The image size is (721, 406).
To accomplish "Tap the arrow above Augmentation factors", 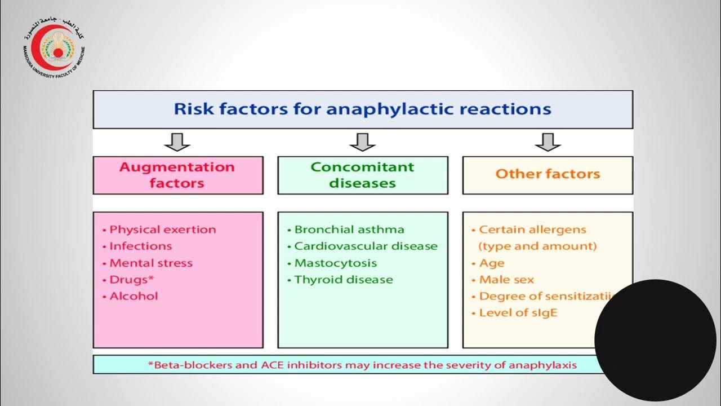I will (x=177, y=142).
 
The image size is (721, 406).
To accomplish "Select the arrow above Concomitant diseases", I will (x=362, y=142).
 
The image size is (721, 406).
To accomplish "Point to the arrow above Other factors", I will (x=548, y=142).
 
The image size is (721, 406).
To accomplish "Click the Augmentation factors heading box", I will (x=177, y=175).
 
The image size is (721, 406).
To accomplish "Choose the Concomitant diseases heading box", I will (x=362, y=175).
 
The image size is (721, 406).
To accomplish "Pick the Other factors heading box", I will (x=548, y=174).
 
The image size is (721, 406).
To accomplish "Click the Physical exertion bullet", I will (x=162, y=230).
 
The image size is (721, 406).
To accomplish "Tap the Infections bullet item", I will (x=140, y=246).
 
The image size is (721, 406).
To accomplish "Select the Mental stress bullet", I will (x=150, y=263).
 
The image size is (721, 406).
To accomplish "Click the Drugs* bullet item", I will (x=132, y=280).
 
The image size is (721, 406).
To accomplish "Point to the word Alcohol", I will (x=133, y=297).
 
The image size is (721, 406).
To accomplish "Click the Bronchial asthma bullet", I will (x=349, y=230).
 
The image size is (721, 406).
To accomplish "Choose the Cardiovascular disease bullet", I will (x=366, y=246).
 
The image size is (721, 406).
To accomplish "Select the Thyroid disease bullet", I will (x=343, y=280).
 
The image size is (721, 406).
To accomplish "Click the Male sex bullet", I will (x=506, y=280).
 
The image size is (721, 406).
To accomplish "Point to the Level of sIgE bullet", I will (x=517, y=313).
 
